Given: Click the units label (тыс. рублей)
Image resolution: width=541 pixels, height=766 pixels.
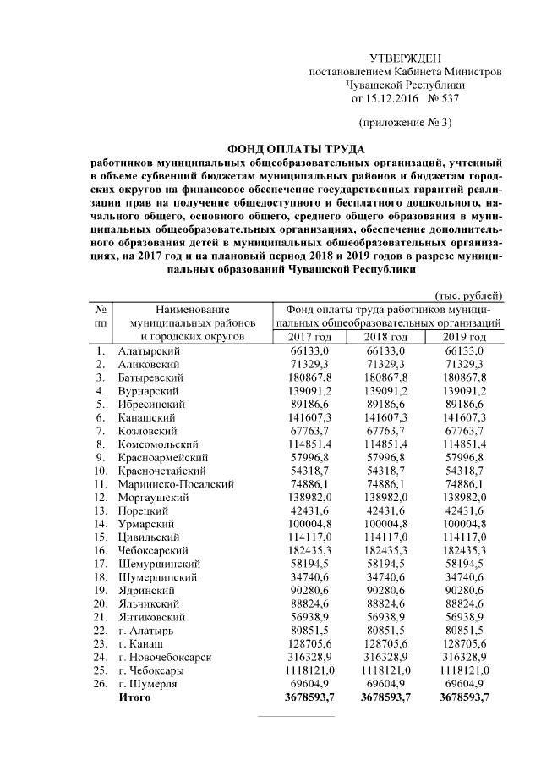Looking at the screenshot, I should pos(468,295).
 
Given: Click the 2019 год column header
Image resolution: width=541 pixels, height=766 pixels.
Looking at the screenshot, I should pos(465,337).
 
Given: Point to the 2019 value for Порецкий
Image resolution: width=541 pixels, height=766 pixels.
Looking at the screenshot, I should pos(466,510).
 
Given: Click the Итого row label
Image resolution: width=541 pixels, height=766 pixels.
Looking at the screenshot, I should pos(134,697).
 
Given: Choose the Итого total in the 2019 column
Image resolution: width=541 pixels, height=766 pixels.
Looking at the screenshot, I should pos(465,697).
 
